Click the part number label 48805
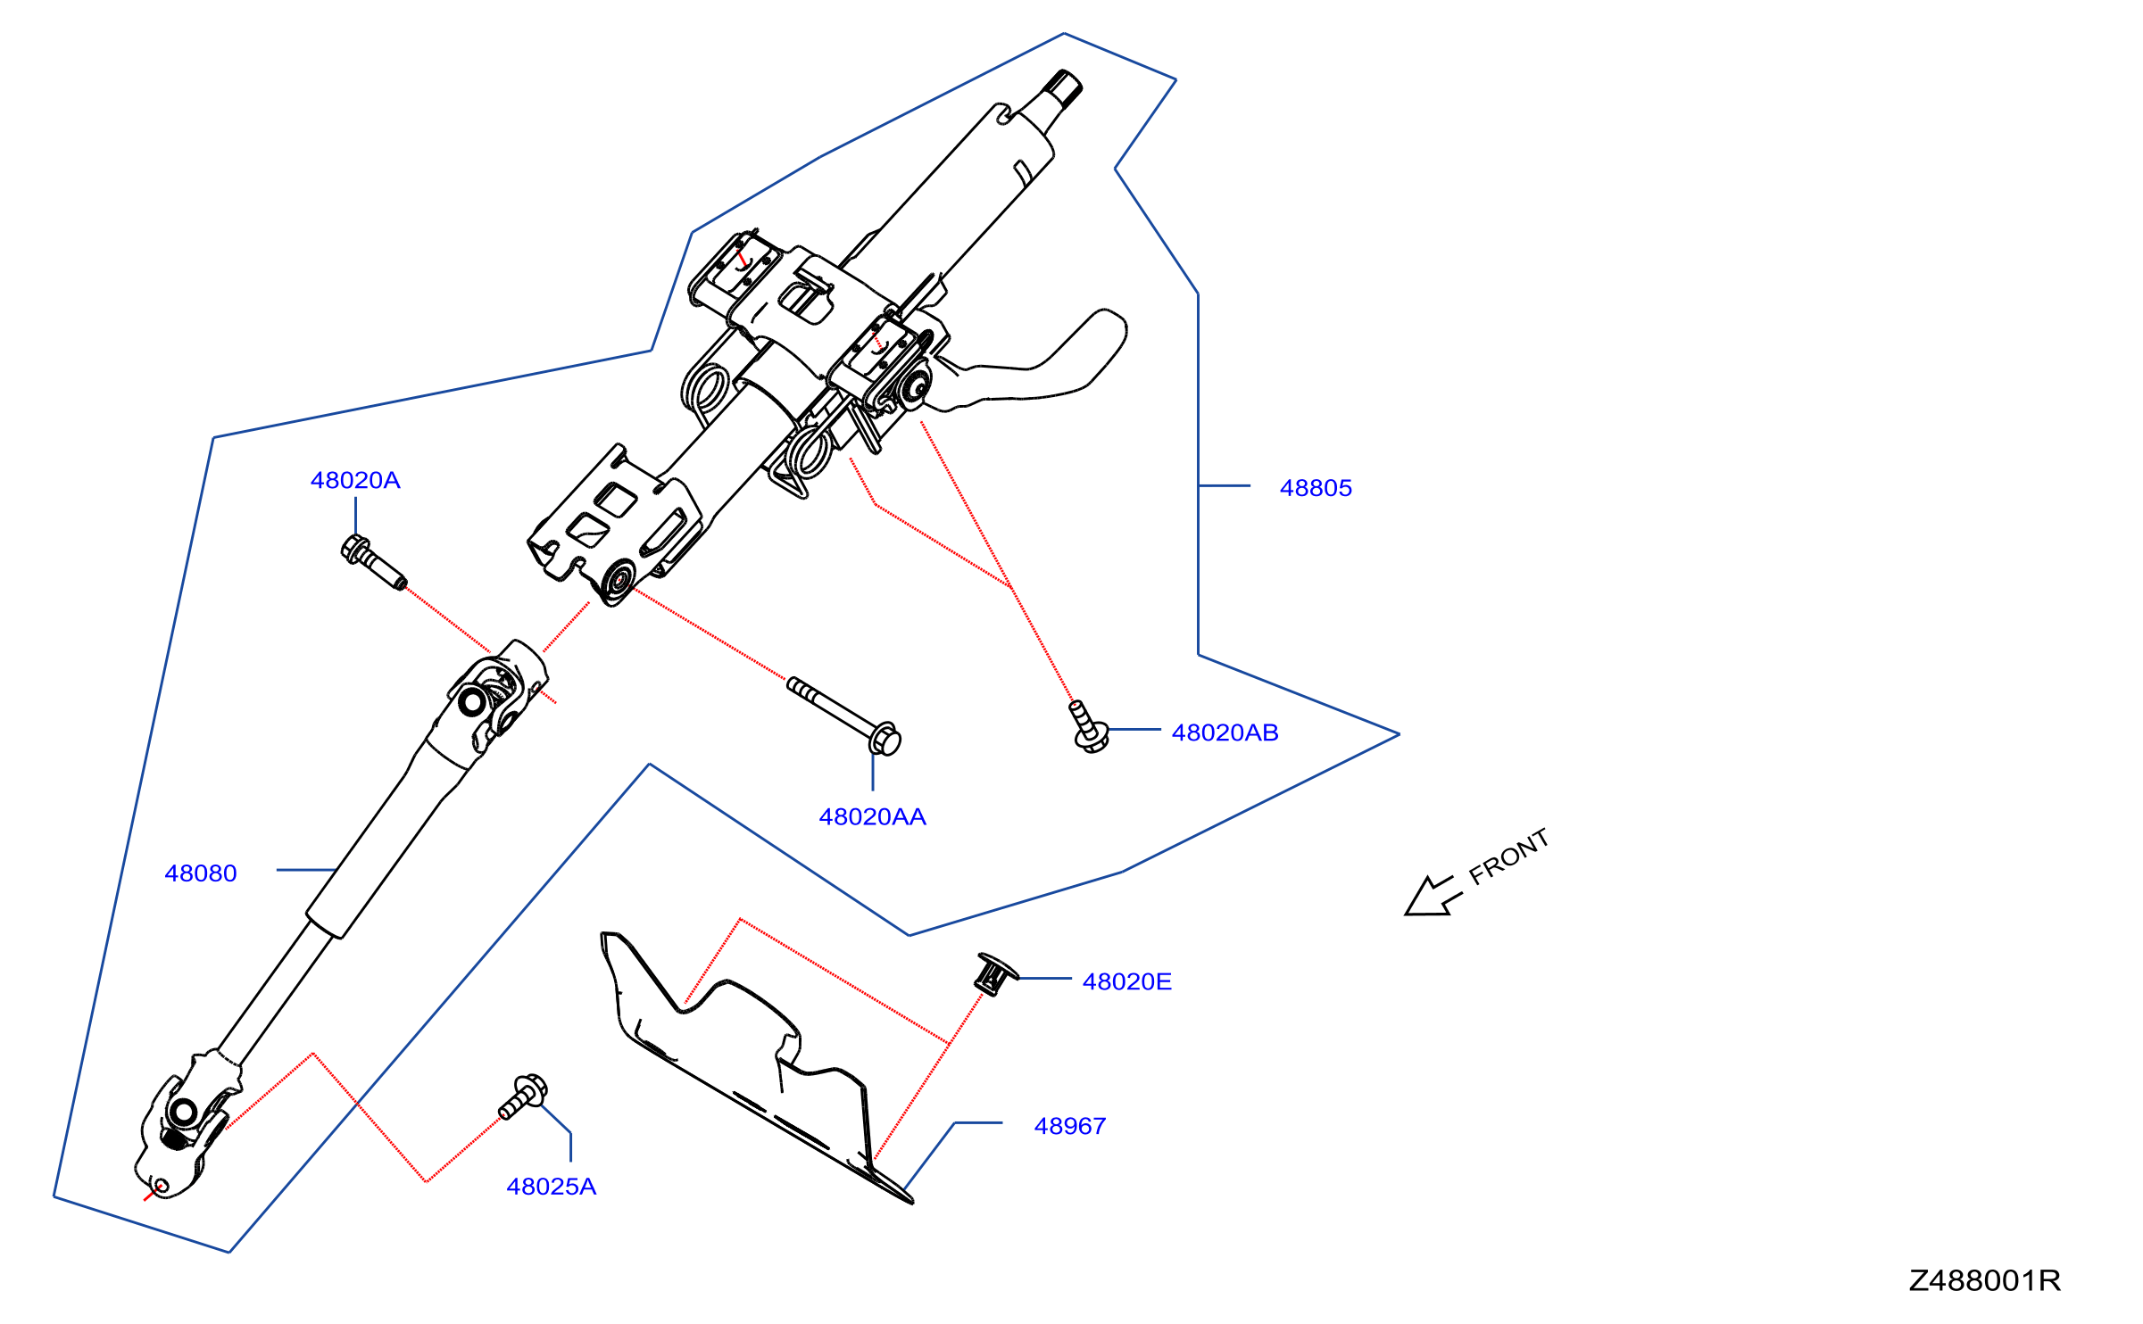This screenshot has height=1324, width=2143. coord(1316,488)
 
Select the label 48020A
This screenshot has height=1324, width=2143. coord(355,480)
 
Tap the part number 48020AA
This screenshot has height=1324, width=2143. coord(872,816)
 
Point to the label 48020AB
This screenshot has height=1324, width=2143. coord(1225,732)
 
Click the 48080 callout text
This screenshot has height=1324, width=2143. coord(201,873)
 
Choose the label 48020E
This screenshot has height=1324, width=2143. coord(1126,981)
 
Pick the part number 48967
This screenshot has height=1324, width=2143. coord(1070,1126)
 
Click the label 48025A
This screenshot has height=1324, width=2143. coord(551,1187)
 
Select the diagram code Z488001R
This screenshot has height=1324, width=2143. coord(1985,1281)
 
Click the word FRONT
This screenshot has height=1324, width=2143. coord(1508,856)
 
